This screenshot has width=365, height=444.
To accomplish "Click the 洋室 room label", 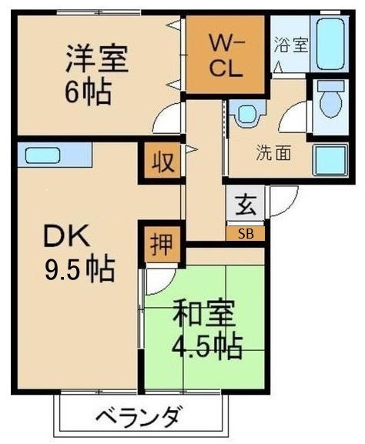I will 97,58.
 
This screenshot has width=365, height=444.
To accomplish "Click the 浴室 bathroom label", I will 291,44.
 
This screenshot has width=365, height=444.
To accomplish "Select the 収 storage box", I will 160,163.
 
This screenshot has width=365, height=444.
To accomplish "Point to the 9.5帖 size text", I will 79,269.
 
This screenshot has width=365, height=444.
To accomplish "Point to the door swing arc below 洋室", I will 166,122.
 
